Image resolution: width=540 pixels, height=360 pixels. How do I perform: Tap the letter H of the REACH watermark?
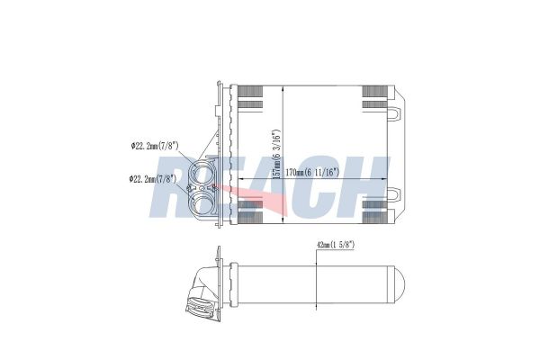(369, 184)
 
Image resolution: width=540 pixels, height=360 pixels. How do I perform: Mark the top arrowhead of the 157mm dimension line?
(284, 87)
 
